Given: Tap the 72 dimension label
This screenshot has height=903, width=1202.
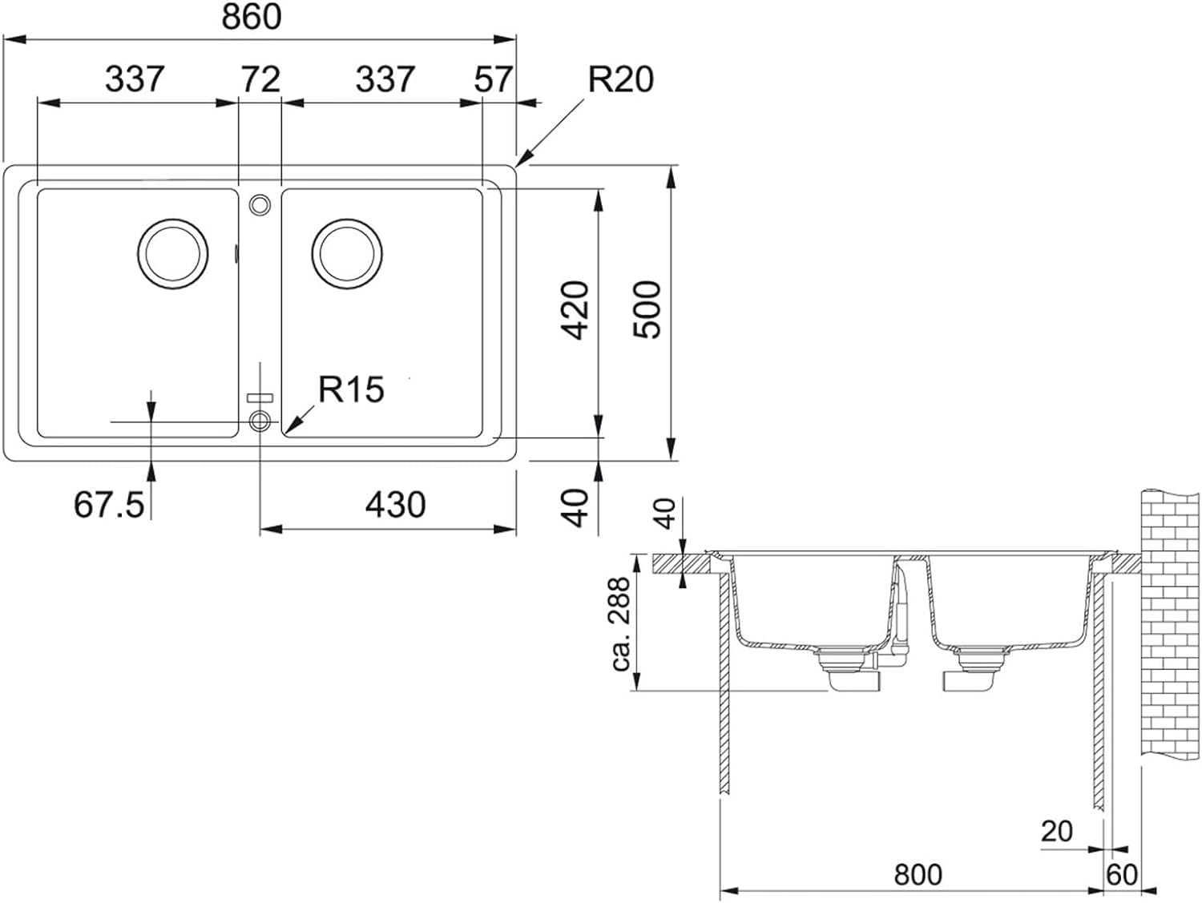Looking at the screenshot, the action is click(x=260, y=79).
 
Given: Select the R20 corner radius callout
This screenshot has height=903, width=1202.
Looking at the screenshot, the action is click(x=620, y=79).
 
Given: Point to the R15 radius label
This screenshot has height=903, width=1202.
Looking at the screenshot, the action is click(x=351, y=389).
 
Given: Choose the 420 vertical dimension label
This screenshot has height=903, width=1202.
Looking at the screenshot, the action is click(x=575, y=310).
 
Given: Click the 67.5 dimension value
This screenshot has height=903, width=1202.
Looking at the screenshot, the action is click(x=109, y=504).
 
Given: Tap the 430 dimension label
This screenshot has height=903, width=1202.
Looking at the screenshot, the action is click(x=395, y=504).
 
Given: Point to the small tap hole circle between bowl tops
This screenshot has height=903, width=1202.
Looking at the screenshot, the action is click(x=260, y=205).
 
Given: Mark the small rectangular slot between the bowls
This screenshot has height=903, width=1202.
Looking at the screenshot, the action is click(x=260, y=397).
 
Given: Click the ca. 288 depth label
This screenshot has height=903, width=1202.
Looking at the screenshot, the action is click(x=620, y=623).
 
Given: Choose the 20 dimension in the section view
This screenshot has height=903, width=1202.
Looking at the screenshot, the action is click(x=1056, y=832).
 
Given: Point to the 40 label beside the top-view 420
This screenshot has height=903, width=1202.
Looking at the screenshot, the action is click(x=575, y=507).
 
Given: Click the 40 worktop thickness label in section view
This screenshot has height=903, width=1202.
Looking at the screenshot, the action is click(x=666, y=514).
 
